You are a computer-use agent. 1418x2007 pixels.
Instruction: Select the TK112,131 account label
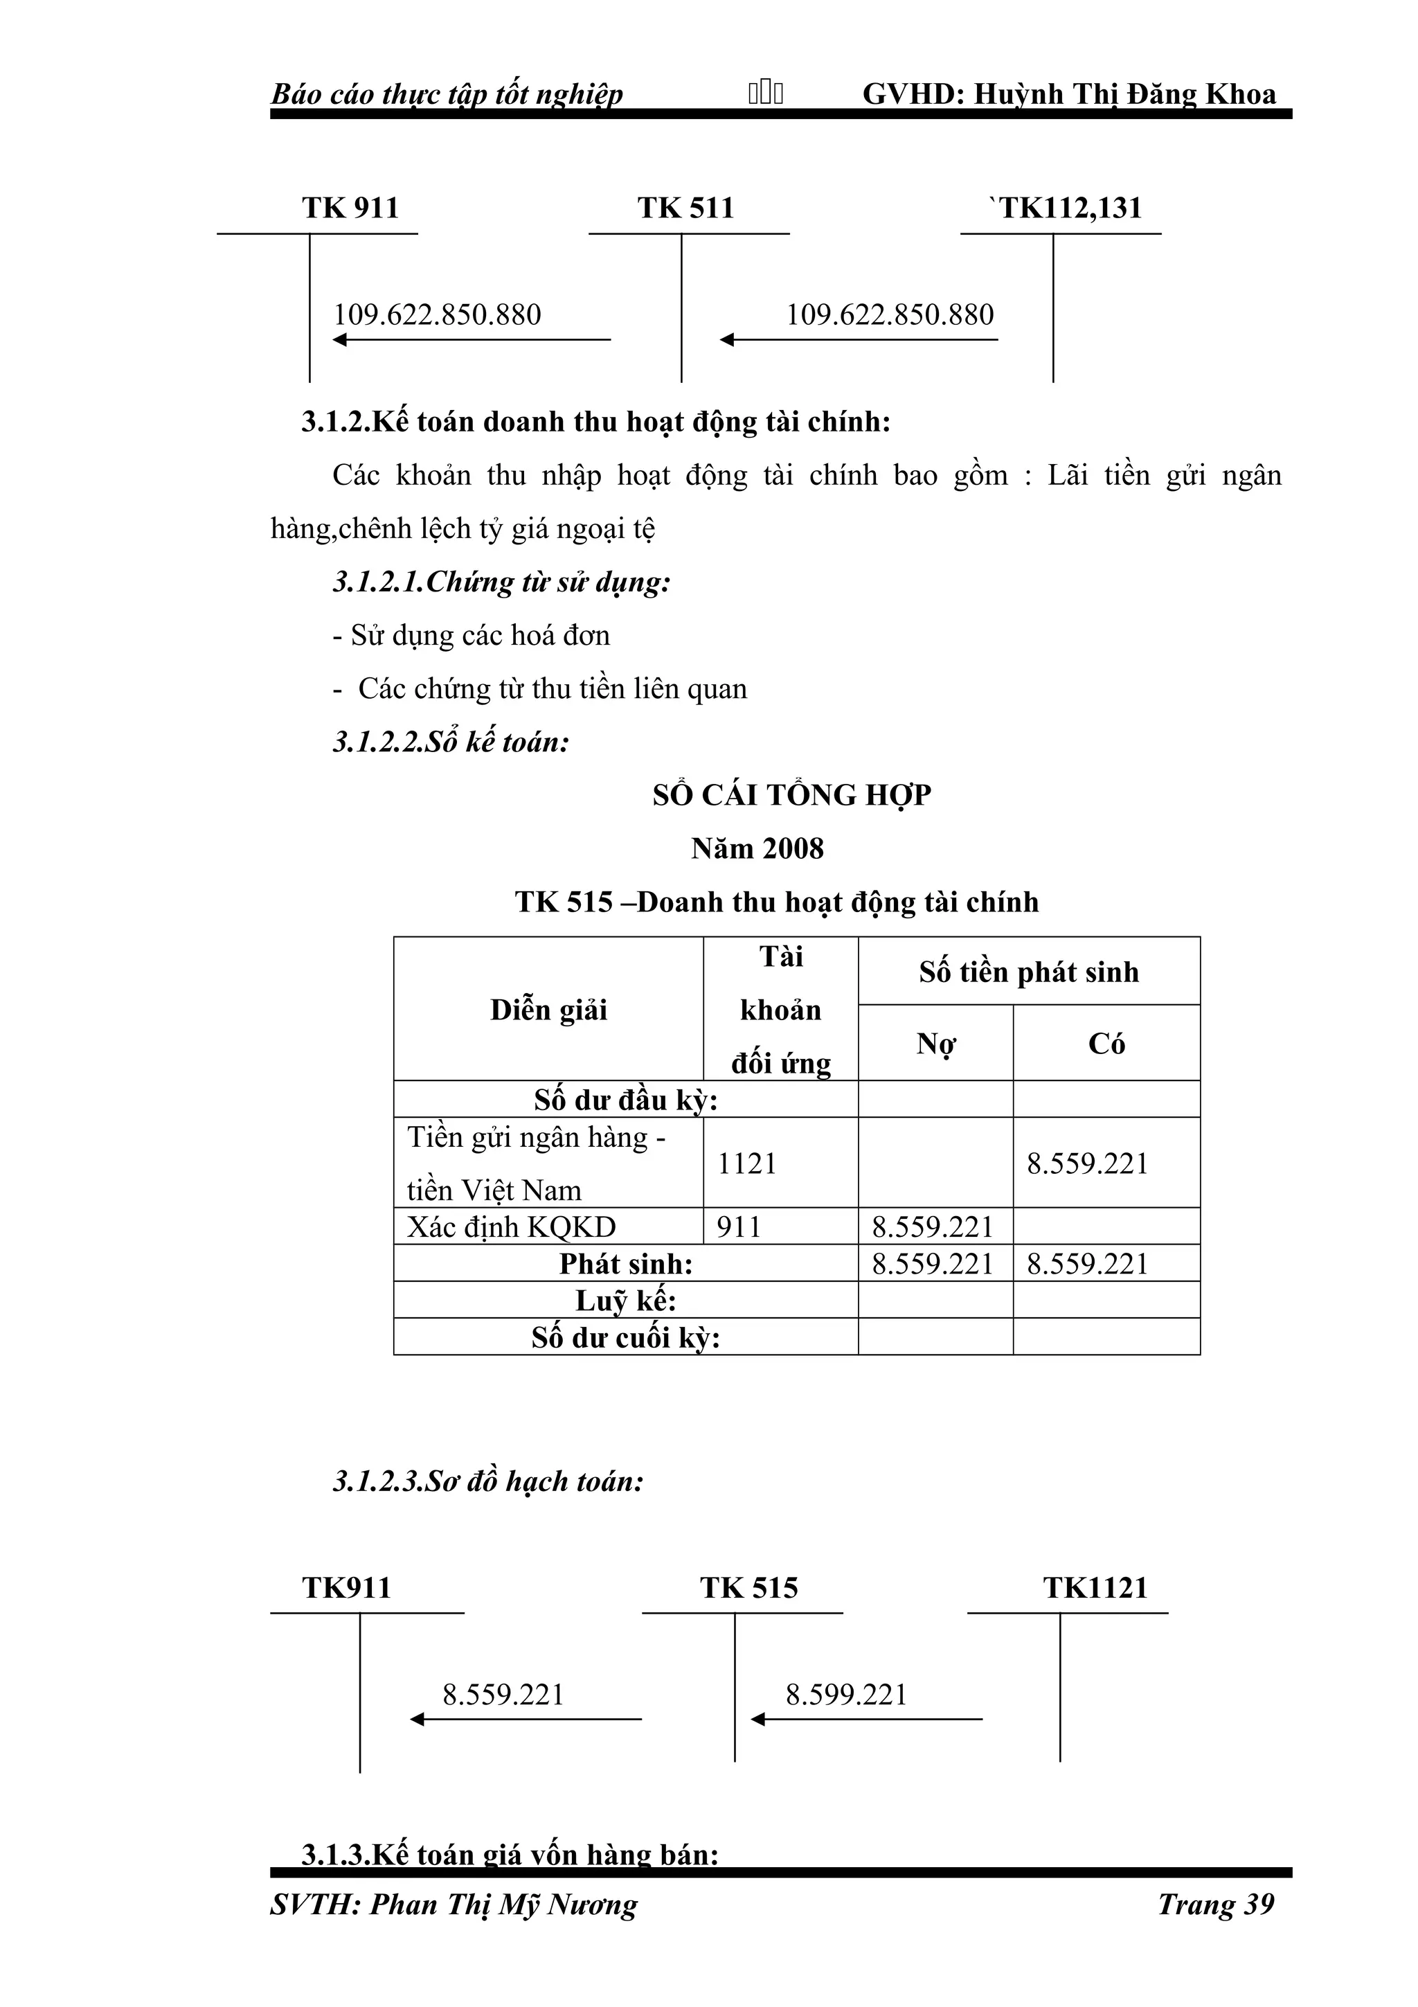1068,208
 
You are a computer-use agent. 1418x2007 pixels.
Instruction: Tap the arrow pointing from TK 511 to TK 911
472,340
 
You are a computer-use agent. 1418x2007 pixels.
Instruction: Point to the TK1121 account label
1095,1587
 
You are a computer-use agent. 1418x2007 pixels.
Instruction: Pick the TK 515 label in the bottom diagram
748,1587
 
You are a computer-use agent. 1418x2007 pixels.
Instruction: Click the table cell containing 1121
747,1163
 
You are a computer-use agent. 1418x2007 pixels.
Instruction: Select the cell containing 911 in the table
739,1227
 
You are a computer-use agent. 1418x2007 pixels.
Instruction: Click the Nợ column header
935,1044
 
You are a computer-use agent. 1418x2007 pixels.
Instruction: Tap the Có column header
1106,1044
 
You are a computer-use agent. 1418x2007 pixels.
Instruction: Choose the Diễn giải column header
548,1010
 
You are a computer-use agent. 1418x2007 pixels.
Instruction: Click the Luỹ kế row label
625,1301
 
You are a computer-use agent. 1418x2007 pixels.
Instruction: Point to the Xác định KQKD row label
512,1227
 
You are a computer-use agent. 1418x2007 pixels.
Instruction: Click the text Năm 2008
757,849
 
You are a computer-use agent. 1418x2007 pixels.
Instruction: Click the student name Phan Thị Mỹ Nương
503,1904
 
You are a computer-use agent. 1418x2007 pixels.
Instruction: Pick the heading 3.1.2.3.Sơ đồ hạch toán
487,1481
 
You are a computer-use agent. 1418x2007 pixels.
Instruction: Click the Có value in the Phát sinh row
1087,1264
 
